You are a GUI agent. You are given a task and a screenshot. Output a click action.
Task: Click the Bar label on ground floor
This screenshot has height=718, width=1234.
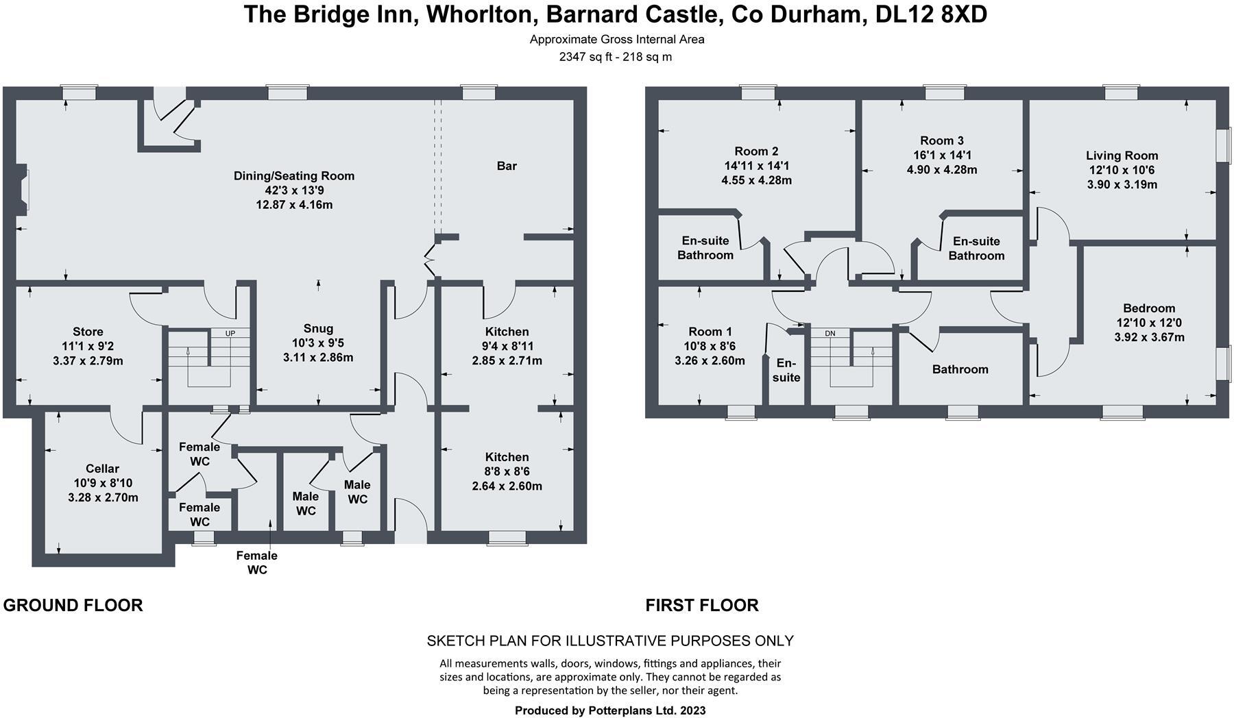[506, 166]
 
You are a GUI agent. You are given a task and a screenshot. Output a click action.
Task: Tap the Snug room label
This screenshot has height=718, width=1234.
[318, 328]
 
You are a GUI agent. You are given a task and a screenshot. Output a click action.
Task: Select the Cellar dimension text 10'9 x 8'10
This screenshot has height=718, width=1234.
[103, 483]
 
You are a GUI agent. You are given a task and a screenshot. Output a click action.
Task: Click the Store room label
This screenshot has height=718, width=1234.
[88, 332]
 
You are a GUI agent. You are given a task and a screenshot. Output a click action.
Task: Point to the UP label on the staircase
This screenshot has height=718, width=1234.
[230, 333]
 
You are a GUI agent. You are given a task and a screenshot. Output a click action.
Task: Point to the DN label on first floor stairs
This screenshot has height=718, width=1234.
[830, 334]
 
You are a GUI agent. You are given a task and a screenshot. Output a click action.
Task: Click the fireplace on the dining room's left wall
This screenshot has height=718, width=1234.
[23, 186]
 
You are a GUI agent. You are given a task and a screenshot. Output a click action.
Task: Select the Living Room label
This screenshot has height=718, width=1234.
[1122, 156]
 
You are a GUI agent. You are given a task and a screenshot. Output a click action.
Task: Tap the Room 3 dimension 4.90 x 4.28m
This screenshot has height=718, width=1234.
[942, 169]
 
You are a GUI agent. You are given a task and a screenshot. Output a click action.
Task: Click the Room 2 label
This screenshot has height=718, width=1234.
[756, 151]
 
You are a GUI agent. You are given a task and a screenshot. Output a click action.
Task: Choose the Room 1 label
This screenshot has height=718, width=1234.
[710, 332]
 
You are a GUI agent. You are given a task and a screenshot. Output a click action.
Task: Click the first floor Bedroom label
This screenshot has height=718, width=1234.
[1148, 308]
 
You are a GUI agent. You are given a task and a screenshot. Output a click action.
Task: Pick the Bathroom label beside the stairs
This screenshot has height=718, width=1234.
[960, 369]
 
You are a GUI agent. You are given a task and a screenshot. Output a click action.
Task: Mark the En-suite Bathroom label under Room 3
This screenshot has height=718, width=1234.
[976, 248]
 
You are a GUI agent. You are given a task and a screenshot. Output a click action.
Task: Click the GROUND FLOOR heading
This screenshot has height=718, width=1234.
[73, 605]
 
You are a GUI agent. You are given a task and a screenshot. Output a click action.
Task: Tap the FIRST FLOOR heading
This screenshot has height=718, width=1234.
[701, 605]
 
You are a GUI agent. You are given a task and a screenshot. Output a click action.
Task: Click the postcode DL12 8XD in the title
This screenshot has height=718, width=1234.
[931, 14]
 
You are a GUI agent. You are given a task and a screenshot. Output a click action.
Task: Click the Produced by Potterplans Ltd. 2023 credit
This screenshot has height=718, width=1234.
[610, 710]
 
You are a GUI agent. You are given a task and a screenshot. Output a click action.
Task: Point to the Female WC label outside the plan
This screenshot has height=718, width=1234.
[256, 562]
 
